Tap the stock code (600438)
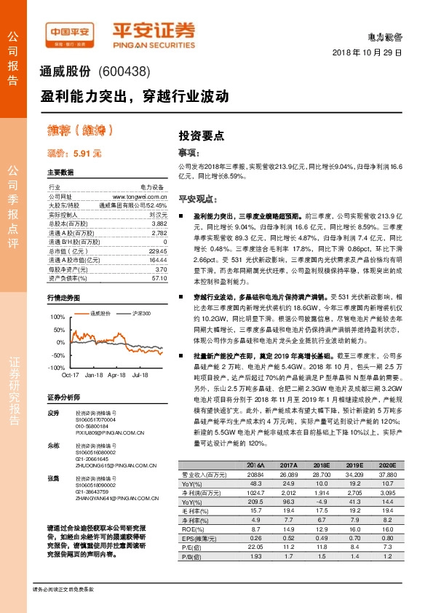click(x=123, y=71)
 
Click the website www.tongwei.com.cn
click(x=140, y=197)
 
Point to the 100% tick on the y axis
click(x=57, y=317)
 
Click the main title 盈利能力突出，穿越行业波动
click(x=135, y=95)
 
